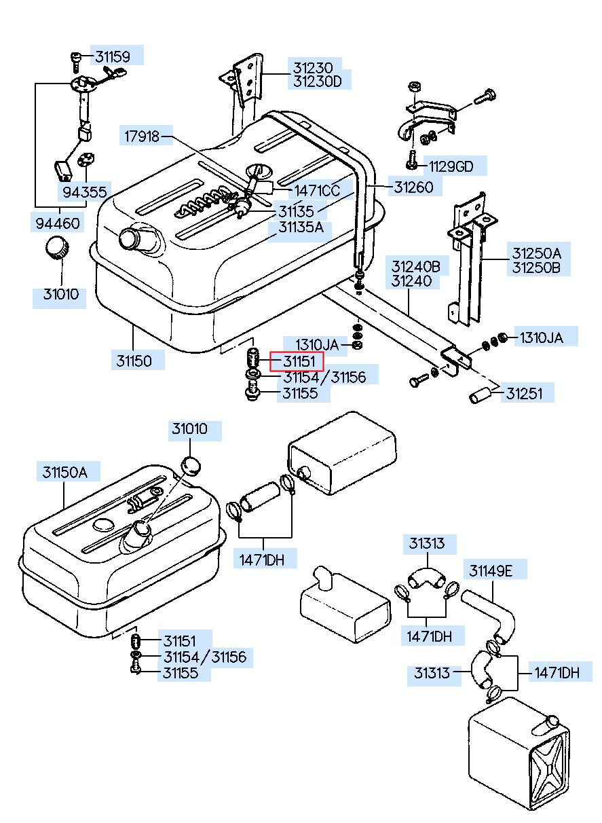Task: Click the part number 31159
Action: [111, 56]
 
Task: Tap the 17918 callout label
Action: [141, 136]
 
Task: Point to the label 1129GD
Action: [447, 166]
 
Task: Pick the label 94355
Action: [85, 192]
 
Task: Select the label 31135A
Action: [301, 227]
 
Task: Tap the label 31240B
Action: [415, 266]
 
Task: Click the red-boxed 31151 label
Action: [297, 361]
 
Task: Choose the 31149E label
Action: [491, 570]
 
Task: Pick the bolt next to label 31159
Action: [75, 60]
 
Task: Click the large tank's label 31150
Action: [133, 360]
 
